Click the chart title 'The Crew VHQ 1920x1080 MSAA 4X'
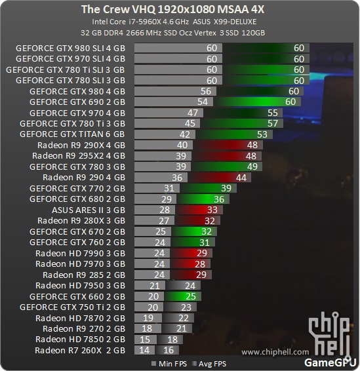(172, 9)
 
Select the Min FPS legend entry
(169, 364)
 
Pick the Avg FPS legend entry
(209, 364)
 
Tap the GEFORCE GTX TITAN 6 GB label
(72, 134)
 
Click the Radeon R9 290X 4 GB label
(81, 145)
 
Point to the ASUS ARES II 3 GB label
(89, 210)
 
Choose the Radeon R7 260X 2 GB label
(80, 351)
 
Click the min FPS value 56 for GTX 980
(206, 91)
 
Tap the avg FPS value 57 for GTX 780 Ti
(272, 123)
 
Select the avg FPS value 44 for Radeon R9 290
(241, 178)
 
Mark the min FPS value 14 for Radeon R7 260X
(144, 350)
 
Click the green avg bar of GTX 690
(257, 102)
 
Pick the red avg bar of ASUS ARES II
(199, 210)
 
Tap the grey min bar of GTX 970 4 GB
(169, 113)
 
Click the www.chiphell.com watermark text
(275, 352)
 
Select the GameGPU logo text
(330, 362)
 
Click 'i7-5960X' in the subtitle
(144, 22)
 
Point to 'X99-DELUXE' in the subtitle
(235, 22)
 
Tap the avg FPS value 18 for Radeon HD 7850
(172, 340)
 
